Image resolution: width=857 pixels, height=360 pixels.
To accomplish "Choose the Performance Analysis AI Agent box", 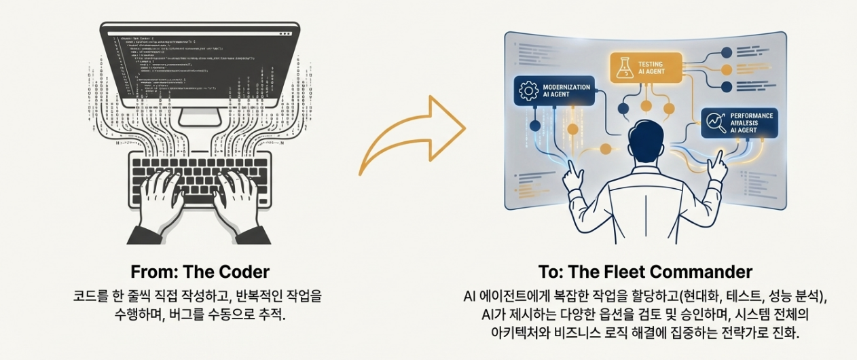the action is pos(737,122).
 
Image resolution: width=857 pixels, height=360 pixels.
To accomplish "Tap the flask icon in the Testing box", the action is pos(623,67).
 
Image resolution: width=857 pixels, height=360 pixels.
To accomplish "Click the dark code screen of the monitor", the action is pos(200,65).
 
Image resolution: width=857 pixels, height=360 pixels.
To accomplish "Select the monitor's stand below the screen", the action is pos(200,117).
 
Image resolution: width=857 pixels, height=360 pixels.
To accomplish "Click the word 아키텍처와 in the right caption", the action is pos(506,334).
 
